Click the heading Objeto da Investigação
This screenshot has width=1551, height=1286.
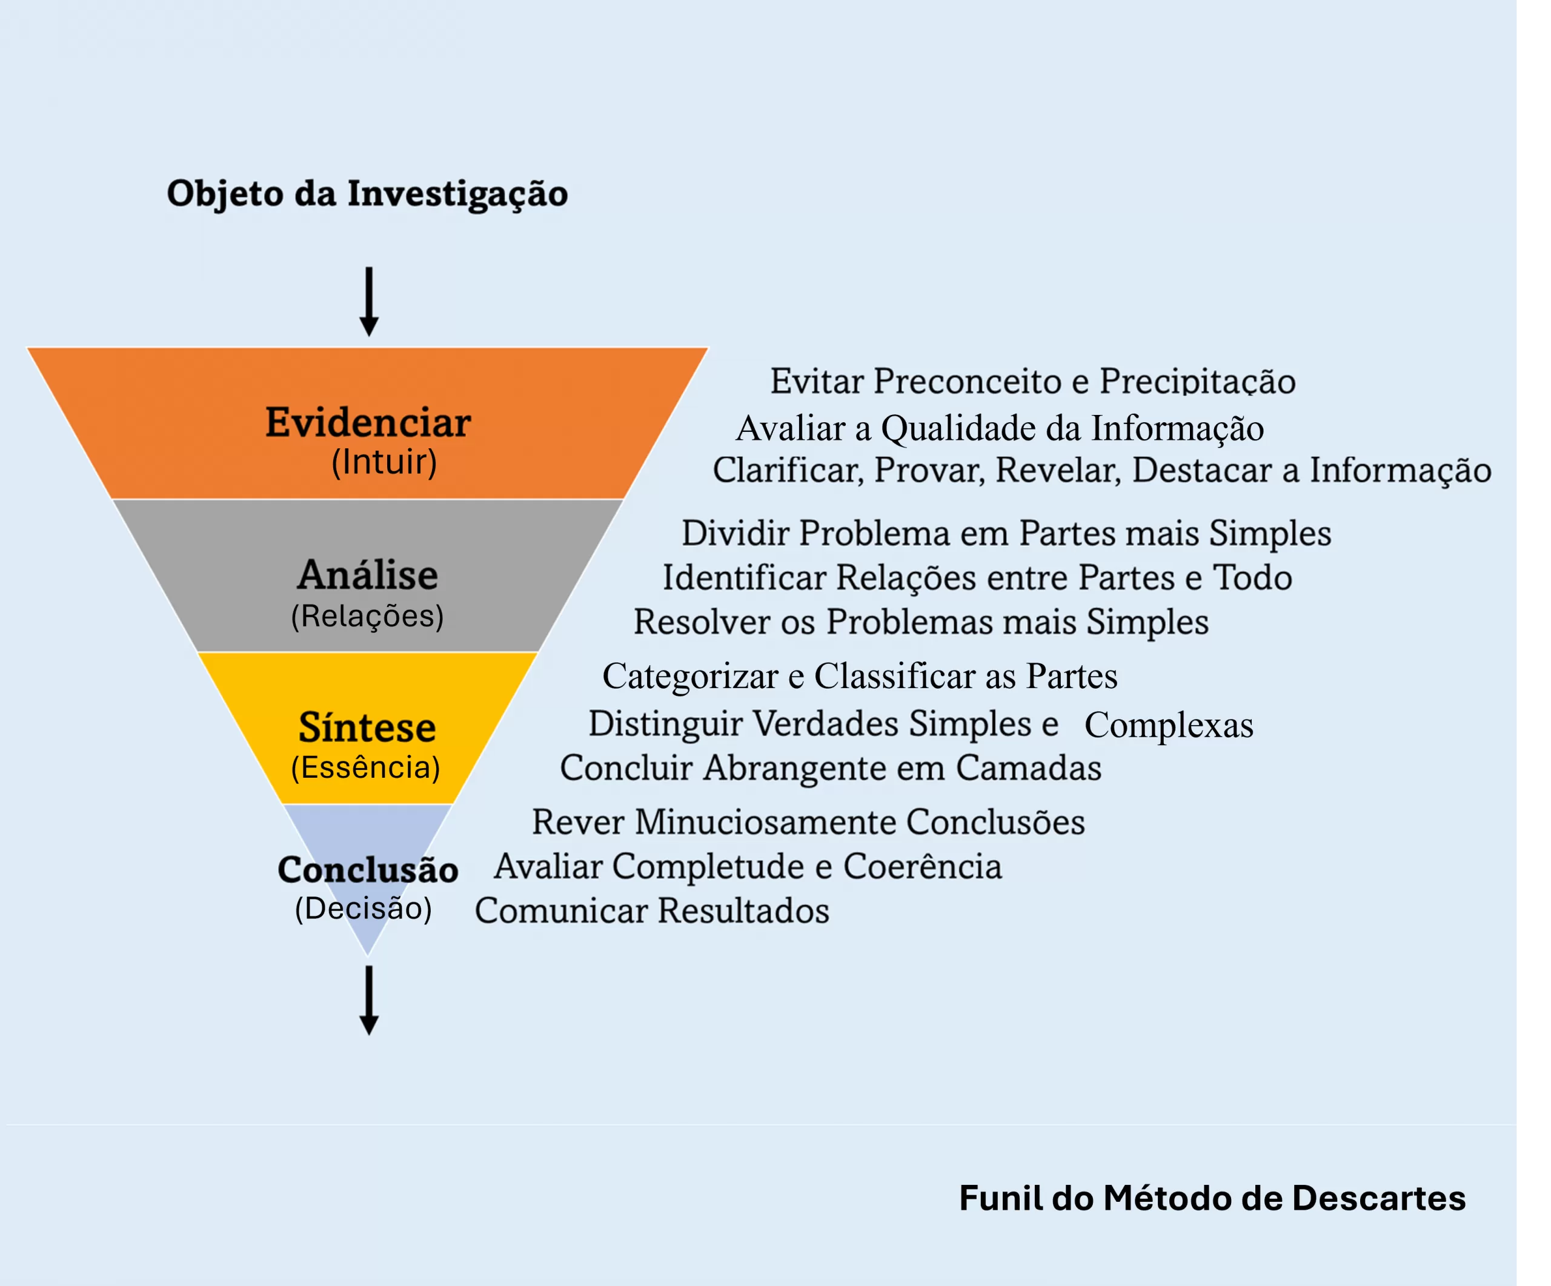[367, 193]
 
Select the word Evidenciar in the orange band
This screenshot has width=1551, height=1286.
[368, 423]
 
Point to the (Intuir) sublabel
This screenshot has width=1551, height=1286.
[384, 463]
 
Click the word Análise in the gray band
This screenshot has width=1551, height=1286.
[368, 575]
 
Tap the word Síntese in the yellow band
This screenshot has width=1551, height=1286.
[367, 728]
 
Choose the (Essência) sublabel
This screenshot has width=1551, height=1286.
[365, 767]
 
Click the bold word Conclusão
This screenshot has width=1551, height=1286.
[368, 870]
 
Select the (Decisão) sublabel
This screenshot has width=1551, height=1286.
[364, 909]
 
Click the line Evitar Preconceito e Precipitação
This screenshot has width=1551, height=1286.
[1032, 382]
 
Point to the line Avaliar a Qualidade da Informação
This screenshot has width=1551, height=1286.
[1000, 429]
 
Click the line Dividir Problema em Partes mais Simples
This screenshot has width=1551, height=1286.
[1006, 534]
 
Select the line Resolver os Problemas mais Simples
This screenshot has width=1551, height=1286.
[921, 622]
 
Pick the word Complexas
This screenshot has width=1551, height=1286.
[1169, 726]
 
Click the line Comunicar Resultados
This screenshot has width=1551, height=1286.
[651, 911]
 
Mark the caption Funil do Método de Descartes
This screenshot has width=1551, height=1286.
[1212, 1198]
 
